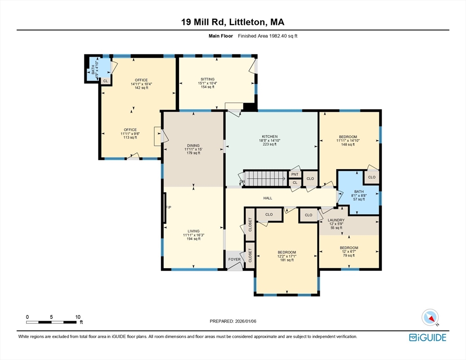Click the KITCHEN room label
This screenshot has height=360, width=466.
(x=270, y=136)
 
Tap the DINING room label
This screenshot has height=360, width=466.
(x=193, y=145)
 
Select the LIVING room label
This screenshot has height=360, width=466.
(x=193, y=231)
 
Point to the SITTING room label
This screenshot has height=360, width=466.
(x=207, y=79)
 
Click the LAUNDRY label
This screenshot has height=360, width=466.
(x=336, y=220)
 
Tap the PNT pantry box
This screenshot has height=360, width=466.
(x=295, y=174)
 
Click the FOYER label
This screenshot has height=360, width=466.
(x=234, y=259)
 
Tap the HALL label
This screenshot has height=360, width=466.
(x=268, y=198)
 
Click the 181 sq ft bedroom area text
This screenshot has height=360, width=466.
(x=286, y=260)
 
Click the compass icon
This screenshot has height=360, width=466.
(x=430, y=317)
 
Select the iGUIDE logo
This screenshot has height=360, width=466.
(x=427, y=337)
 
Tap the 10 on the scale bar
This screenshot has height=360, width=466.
(x=77, y=317)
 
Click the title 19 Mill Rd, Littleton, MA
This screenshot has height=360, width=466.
(x=233, y=22)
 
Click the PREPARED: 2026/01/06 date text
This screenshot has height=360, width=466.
(x=233, y=321)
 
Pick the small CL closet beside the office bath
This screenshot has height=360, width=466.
(x=105, y=81)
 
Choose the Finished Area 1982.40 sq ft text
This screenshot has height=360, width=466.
(x=267, y=36)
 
